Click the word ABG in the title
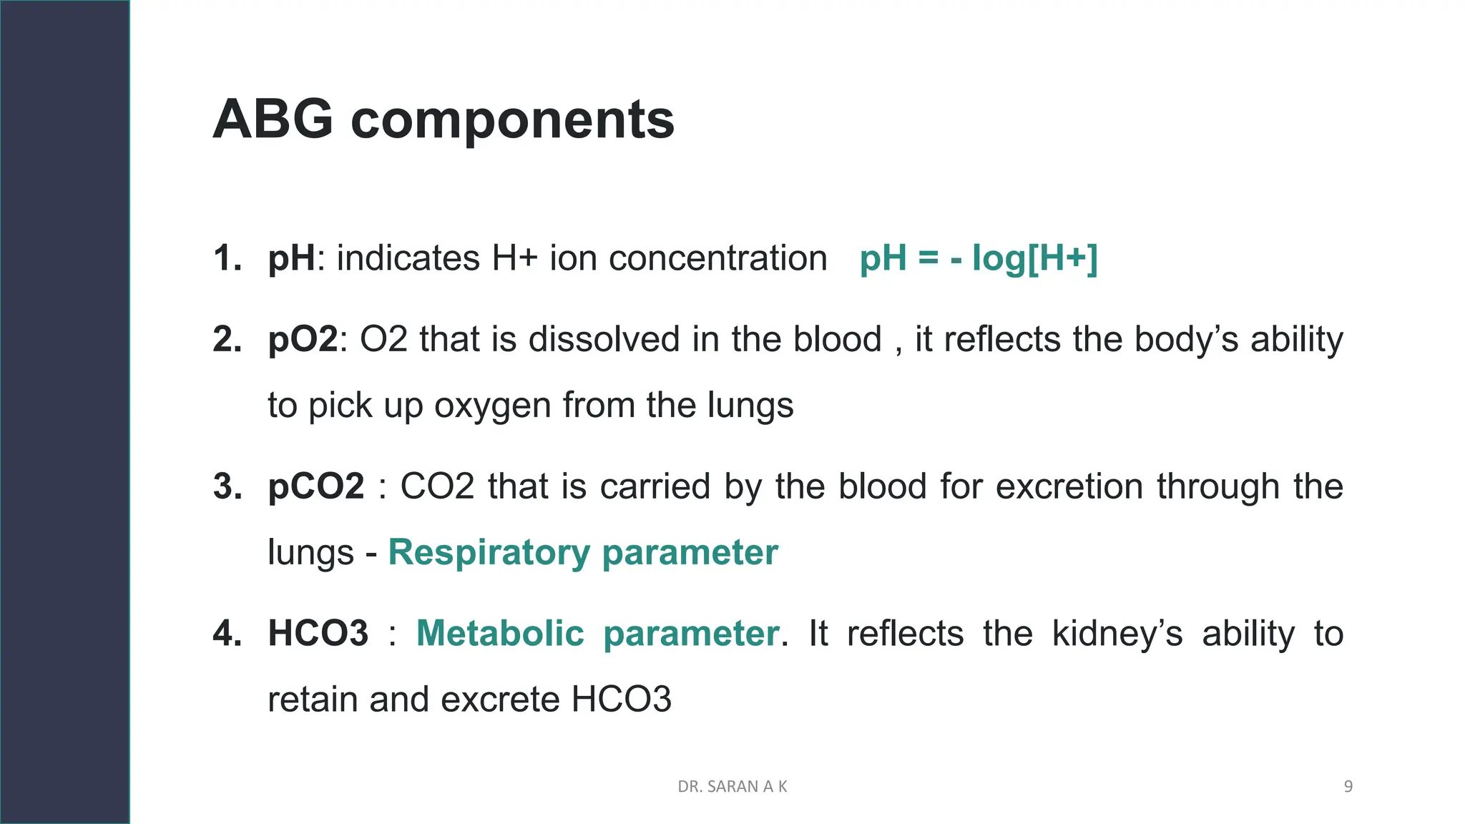click(273, 119)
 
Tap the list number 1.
click(227, 258)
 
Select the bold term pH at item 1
click(291, 259)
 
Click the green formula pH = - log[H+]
click(978, 258)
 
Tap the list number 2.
click(227, 339)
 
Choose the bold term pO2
click(302, 339)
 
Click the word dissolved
click(604, 339)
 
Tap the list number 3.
click(227, 486)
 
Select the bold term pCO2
click(315, 486)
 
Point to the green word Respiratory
click(489, 553)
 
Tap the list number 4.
click(227, 634)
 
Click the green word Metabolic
click(500, 634)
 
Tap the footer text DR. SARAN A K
click(732, 787)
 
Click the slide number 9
click(1348, 787)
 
